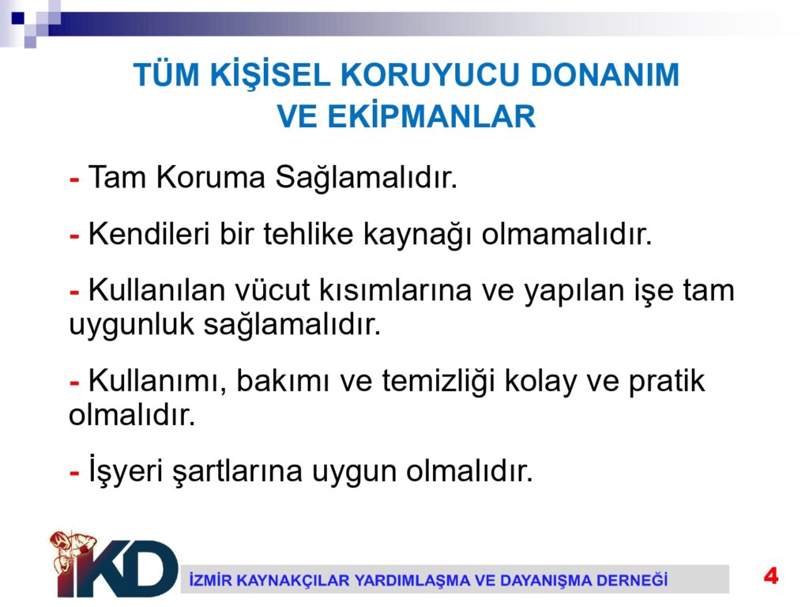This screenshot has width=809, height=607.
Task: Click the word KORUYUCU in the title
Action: click(431, 75)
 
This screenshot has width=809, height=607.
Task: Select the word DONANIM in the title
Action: click(604, 75)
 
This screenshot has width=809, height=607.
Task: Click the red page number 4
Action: click(771, 575)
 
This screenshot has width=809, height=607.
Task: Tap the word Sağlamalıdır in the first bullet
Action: click(367, 179)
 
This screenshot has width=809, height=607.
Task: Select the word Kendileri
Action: click(149, 234)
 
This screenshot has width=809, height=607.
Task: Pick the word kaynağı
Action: click(417, 236)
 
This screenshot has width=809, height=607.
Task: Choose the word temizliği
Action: click(438, 383)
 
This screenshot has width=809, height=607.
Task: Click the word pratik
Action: click(667, 383)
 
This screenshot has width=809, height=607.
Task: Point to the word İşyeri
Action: click(126, 471)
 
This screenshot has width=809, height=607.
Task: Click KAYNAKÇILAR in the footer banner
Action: click(294, 581)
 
